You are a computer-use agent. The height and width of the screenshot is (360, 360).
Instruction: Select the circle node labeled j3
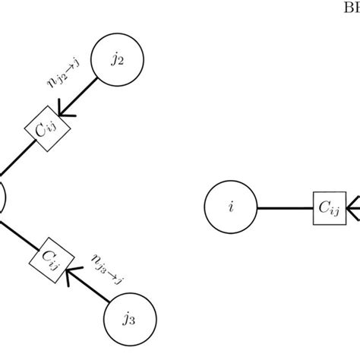[128, 318]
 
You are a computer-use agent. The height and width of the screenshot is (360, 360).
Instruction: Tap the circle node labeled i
[231, 207]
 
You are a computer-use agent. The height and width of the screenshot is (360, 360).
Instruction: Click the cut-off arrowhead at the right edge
[354, 207]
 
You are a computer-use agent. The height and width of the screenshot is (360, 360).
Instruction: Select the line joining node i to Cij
[285, 207]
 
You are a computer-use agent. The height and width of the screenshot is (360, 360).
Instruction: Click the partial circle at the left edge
[2, 199]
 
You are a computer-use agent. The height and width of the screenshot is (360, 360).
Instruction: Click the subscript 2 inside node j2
[121, 63]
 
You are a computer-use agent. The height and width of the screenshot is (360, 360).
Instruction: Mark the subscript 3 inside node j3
[132, 321]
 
